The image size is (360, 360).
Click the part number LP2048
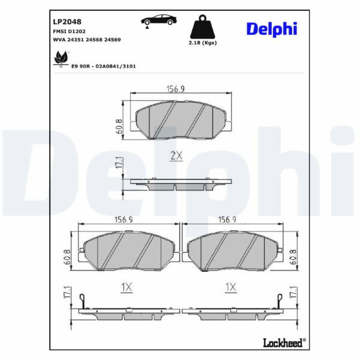[67, 22]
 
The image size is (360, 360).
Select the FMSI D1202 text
[69, 31]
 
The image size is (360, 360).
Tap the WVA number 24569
[113, 40]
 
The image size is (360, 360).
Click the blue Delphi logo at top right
[272, 29]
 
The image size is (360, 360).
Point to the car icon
[158, 20]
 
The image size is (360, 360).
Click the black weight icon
[203, 27]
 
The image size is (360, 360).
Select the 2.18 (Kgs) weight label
[203, 43]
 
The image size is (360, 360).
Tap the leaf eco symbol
[61, 58]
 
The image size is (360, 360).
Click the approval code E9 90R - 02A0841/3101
[104, 67]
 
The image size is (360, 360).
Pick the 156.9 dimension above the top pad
[175, 89]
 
